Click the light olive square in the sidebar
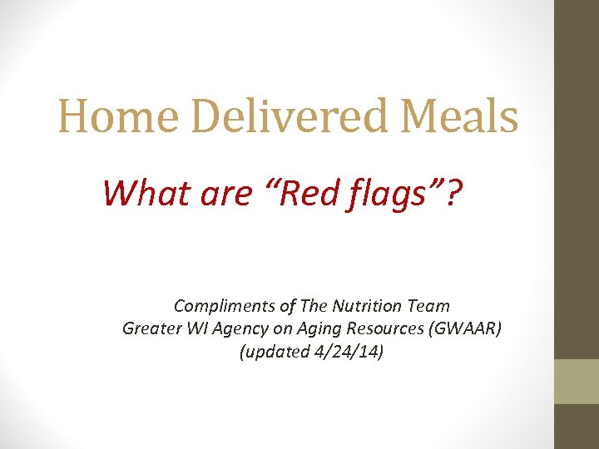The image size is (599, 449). (x=577, y=382)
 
